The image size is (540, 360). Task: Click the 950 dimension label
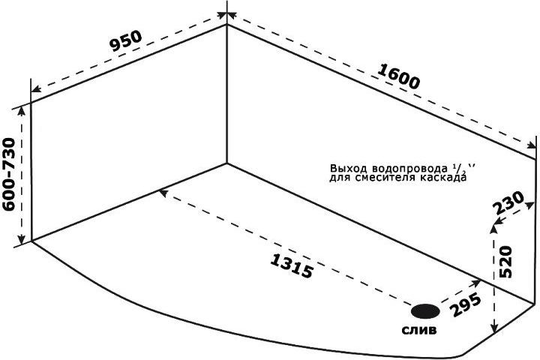tap(126, 41)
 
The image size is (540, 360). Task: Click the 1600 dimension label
tap(399, 76)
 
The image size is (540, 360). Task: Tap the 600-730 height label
tap(9, 174)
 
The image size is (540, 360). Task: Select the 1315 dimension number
tap(292, 265)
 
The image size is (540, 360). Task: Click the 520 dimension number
tap(506, 262)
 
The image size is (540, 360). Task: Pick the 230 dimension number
tap(508, 203)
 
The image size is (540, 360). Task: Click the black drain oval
tap(425, 311)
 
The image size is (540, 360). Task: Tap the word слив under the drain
tap(419, 330)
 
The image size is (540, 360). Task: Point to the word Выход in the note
tap(349, 169)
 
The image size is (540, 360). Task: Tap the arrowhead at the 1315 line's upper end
tap(163, 193)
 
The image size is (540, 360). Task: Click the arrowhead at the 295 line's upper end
tap(477, 283)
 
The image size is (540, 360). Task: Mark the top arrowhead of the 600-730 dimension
tap(21, 111)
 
